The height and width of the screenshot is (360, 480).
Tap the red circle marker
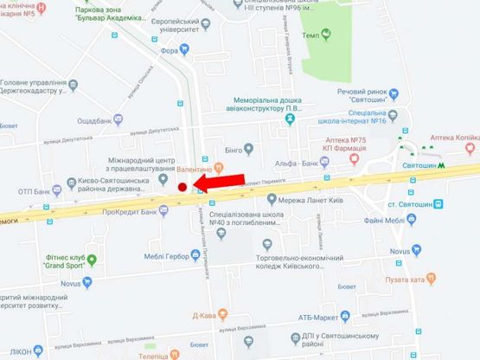[x=182, y=187]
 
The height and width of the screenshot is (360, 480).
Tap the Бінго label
[x=233, y=151]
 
